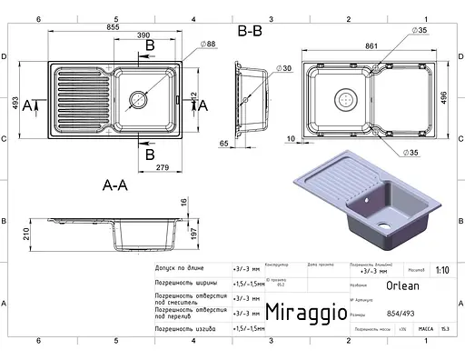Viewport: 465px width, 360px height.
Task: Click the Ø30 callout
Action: [284, 68]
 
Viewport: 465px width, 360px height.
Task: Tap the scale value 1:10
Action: [440, 270]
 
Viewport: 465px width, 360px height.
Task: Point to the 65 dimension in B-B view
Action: [223, 144]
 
